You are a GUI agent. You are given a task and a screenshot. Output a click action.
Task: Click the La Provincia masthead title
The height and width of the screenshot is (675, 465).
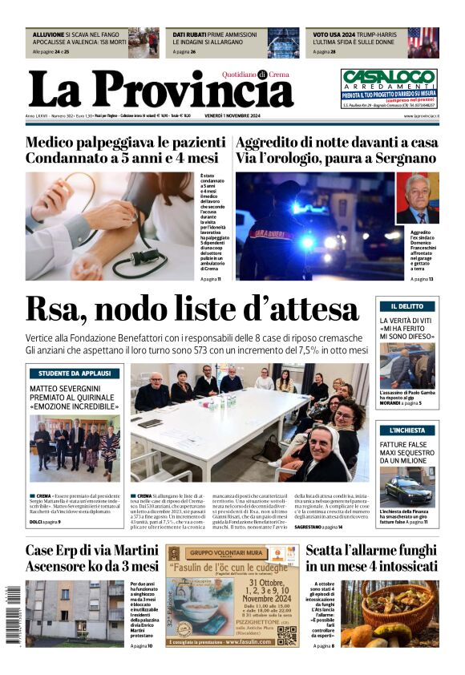[160, 88]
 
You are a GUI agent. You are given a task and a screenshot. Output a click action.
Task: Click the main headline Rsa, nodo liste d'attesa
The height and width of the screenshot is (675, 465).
[192, 309]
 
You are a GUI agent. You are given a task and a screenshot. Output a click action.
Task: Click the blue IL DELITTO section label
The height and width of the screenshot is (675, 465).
[407, 306]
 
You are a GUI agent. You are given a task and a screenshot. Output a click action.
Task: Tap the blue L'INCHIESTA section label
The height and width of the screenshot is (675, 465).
[407, 430]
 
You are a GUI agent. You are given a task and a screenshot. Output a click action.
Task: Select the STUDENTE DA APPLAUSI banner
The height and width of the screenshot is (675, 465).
[74, 374]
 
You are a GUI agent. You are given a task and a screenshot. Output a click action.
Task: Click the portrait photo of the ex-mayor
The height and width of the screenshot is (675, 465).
[418, 198]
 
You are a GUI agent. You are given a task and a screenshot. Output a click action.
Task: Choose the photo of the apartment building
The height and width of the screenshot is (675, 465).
[74, 614]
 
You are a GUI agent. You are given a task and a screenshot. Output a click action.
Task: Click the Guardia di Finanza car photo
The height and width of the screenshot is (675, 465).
[407, 487]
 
